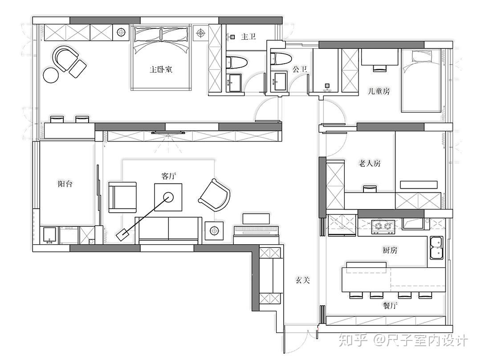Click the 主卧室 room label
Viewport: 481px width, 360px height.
click(x=161, y=69)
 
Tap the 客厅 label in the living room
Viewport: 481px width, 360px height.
click(x=169, y=176)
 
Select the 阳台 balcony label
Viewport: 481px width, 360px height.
click(x=65, y=184)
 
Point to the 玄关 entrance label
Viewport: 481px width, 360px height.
click(x=303, y=280)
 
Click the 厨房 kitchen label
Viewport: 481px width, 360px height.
click(x=390, y=251)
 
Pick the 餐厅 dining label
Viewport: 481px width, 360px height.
click(x=390, y=305)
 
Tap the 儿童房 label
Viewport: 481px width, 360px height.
click(x=379, y=91)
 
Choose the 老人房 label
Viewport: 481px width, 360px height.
click(x=370, y=163)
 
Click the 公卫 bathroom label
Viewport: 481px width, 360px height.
click(x=300, y=69)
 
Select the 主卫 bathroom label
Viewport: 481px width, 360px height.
click(x=248, y=36)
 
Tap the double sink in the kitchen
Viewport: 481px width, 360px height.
click(x=436, y=247)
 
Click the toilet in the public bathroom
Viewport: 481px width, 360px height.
click(x=280, y=59)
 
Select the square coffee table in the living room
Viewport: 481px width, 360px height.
click(x=168, y=197)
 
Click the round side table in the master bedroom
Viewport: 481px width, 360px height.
click(x=51, y=75)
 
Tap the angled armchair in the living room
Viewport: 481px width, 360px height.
click(x=215, y=195)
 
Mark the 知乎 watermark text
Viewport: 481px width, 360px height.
click(x=353, y=340)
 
